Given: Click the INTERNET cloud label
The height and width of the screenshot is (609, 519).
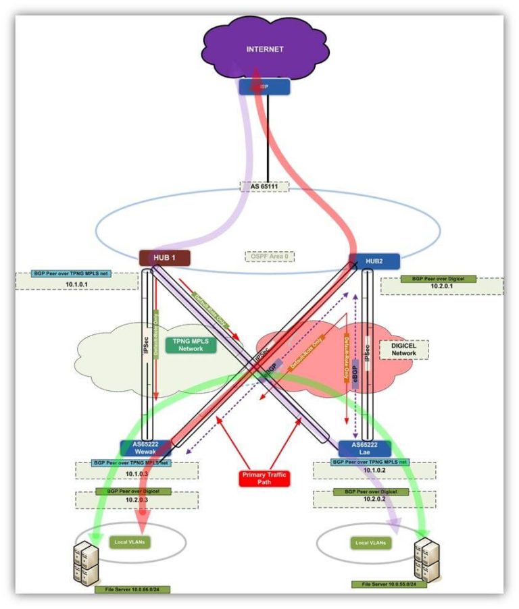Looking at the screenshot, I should [x=264, y=49].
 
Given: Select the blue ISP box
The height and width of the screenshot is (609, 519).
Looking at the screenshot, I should [x=264, y=86].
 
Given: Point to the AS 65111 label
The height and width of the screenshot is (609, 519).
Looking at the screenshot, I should [x=264, y=186].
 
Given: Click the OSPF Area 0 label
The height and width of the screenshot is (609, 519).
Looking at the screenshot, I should [x=268, y=257].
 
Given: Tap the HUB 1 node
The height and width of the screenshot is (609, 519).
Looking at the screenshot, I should [x=164, y=257].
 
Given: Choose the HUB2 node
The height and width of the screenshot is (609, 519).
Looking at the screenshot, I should [x=374, y=261].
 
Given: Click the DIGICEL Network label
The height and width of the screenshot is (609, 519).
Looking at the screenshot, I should [x=403, y=349].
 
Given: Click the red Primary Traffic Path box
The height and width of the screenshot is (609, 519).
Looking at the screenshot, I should [x=264, y=479].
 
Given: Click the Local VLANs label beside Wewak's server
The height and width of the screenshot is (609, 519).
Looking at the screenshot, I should [x=130, y=541].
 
